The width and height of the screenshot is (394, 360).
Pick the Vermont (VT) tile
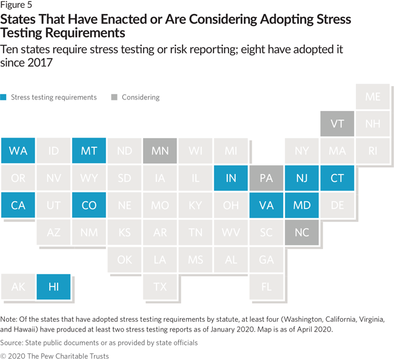pos(338,124)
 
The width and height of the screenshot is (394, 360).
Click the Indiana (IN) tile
pos(231,178)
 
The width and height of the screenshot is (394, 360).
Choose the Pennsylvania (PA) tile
pos(266,178)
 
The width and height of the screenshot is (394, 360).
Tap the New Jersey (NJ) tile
pos(302,178)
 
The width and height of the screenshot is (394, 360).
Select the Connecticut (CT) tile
pos(338,178)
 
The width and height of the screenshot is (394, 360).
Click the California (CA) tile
pos(18,205)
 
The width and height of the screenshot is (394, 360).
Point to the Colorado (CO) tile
pos(89,205)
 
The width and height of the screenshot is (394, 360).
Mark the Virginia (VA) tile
pos(266,205)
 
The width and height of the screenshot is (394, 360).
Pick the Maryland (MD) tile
pos(302,205)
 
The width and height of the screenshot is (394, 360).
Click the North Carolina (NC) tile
pos(302,233)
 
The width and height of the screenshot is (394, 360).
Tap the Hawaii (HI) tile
pos(53,287)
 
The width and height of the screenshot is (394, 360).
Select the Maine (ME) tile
pos(373,97)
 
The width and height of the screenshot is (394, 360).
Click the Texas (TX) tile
pos(160,287)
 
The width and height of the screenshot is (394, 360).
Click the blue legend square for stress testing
pos(4,97)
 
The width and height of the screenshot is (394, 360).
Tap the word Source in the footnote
pos(12,342)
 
